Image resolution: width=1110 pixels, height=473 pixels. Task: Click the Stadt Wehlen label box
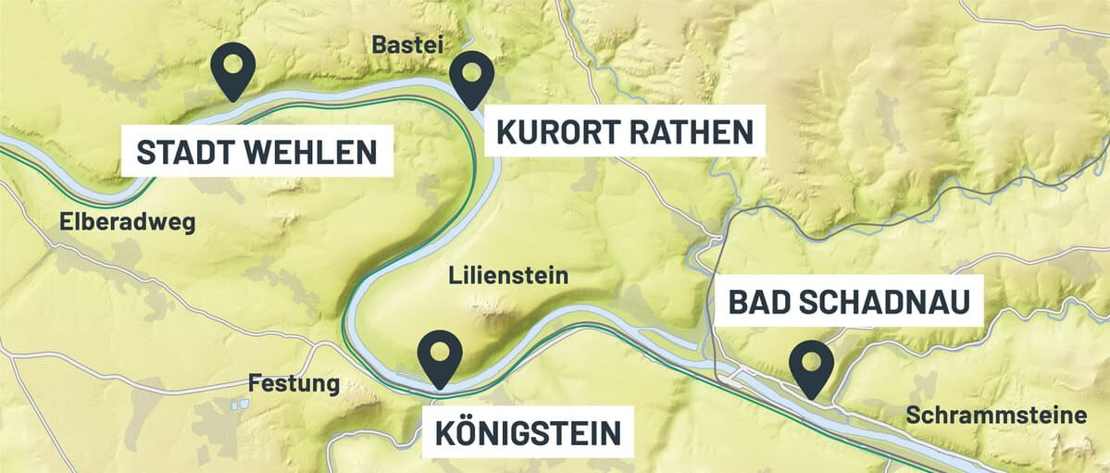(x=256, y=152)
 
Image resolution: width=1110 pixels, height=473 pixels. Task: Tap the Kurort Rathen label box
(x=625, y=131)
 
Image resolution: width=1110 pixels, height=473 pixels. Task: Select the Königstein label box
(x=528, y=430)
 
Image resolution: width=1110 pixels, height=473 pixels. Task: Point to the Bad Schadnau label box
(x=848, y=301)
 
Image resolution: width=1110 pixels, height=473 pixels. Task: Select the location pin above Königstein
(x=440, y=355)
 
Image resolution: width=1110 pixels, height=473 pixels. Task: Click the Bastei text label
(x=408, y=44)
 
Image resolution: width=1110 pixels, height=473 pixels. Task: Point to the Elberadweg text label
(x=128, y=222)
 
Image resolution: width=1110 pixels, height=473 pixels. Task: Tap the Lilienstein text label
(x=508, y=275)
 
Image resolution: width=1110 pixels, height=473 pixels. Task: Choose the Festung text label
(x=294, y=383)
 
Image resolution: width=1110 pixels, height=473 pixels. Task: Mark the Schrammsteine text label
(x=996, y=416)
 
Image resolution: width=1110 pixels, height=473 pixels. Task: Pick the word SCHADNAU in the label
(x=884, y=301)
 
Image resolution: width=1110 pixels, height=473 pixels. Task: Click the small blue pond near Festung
(x=239, y=405)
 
